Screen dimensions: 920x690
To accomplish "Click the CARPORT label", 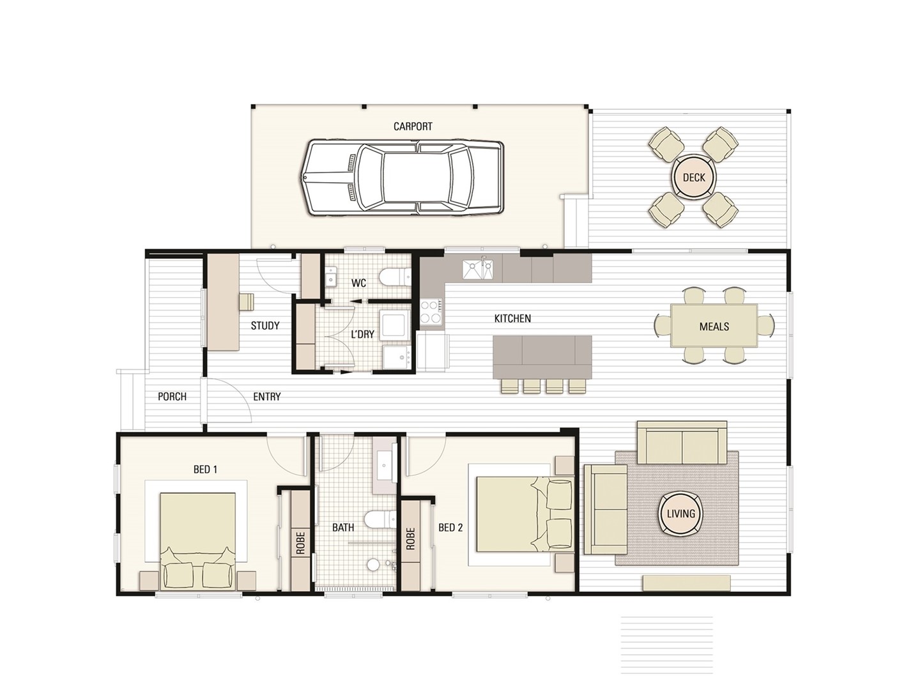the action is point(413,126).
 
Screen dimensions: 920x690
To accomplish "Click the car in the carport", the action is point(402,178).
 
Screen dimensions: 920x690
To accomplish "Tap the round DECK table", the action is point(694,177).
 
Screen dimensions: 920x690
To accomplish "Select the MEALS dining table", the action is point(714,326).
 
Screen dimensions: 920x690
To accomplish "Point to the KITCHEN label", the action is point(512,318).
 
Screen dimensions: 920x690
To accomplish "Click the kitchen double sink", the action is point(478,269).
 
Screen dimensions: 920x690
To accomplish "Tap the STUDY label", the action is point(265,326).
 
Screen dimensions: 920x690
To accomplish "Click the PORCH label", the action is point(172,396).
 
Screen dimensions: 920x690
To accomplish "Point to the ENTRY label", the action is point(266,396).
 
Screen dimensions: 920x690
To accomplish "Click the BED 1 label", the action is point(205,470).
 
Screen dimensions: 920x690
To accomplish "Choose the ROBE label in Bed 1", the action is point(300,543).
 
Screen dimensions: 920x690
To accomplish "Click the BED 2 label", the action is point(450,528).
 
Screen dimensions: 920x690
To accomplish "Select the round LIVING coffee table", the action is point(680,514).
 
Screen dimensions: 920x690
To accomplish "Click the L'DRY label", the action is point(362,334).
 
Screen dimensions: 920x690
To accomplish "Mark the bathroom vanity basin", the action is point(385,466).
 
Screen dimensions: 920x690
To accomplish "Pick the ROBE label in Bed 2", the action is point(410,539).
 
